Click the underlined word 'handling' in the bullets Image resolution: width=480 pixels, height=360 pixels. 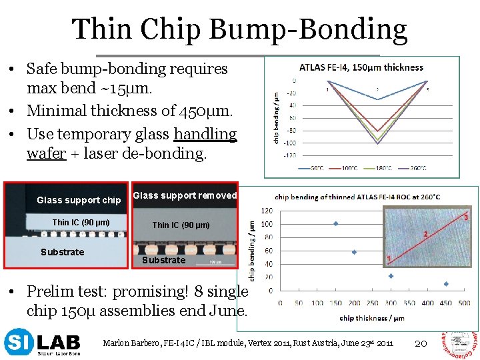tap(205, 134)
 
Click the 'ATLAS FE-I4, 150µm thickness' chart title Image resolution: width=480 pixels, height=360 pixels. tap(361, 67)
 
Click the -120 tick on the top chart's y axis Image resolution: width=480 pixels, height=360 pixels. tap(291, 155)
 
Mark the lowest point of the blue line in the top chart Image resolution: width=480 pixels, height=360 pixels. tap(377, 100)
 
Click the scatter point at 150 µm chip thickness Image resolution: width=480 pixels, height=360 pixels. tap(335, 223)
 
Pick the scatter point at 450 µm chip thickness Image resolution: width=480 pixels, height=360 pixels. tap(446, 283)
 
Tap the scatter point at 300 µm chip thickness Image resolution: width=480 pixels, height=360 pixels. tap(391, 275)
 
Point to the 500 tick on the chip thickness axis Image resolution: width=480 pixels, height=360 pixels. tap(465, 303)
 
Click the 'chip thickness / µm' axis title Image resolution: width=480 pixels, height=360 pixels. tap(372, 318)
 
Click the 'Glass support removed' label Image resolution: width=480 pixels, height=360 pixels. tap(185, 195)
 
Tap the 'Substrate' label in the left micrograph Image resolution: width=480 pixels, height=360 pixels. tap(62, 252)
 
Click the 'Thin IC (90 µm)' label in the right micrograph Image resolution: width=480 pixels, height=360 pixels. tap(181, 225)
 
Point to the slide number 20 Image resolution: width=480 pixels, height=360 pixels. tap(420, 343)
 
